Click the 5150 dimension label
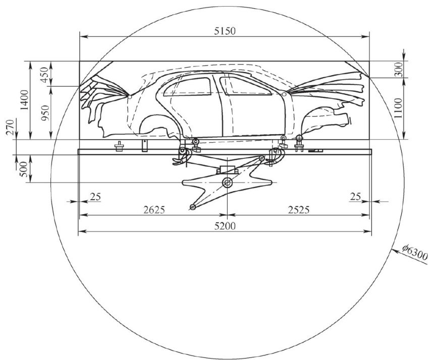(225, 31)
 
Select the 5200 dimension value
(225, 226)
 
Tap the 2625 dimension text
(154, 210)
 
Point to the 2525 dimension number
(299, 210)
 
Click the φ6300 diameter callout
(415, 252)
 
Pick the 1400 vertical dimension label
(25, 100)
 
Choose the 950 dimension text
(45, 113)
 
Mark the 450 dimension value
(45, 74)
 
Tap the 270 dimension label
(10, 128)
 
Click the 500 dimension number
(24, 169)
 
